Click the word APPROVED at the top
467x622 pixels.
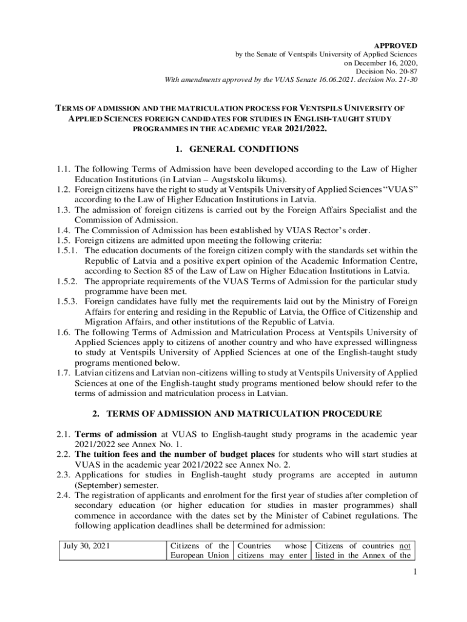(395, 46)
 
